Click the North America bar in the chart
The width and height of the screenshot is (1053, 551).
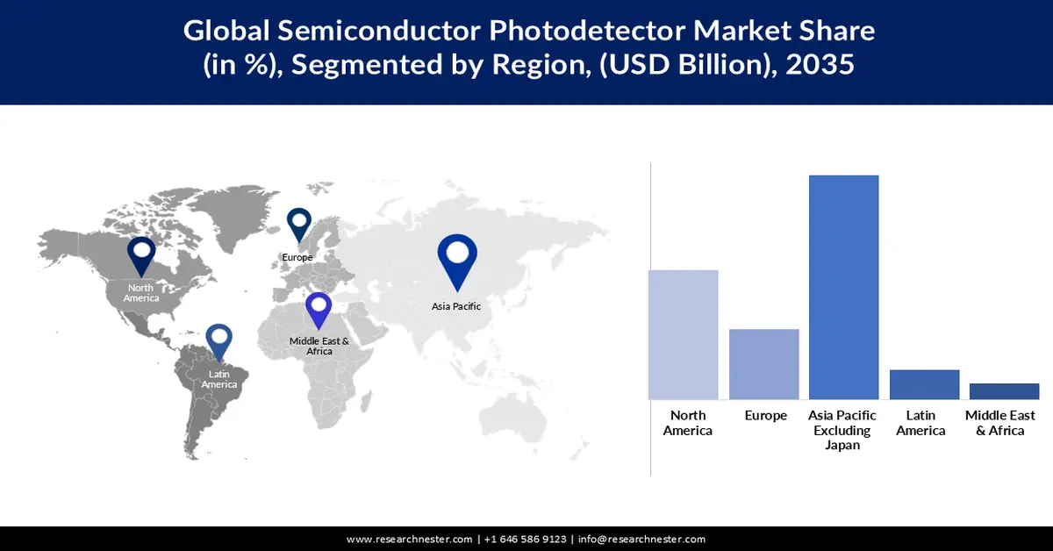pos(684,334)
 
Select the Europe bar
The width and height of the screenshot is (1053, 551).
pos(764,364)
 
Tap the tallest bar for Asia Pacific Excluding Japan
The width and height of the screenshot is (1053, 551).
pos(844,287)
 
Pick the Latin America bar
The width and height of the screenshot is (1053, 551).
pos(925,384)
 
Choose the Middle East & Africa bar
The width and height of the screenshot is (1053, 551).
pos(1005,391)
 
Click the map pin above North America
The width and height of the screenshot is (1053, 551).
pos(141,254)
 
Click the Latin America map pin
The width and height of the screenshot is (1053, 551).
pos(218,341)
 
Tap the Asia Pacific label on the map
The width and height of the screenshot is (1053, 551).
pos(456,306)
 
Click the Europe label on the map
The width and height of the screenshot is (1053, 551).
pos(297,257)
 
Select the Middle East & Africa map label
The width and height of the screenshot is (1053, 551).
pos(319,346)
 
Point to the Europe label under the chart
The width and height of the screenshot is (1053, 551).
pos(765,415)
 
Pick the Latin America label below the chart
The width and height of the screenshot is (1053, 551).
pos(920,422)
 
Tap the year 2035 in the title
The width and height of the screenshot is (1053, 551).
pos(820,65)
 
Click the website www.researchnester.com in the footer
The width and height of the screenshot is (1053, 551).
pos(410,539)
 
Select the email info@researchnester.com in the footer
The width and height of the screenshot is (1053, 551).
pos(641,539)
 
